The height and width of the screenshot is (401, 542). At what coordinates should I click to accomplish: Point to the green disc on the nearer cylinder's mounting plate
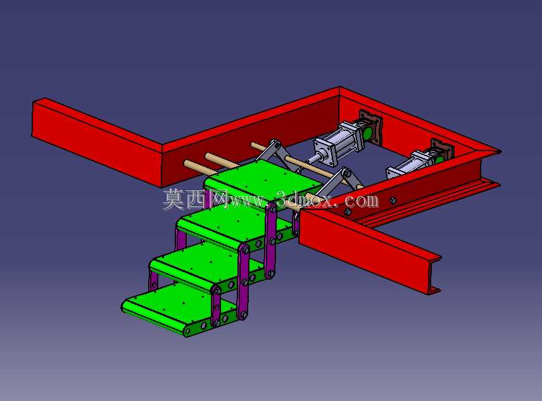(x=369, y=133)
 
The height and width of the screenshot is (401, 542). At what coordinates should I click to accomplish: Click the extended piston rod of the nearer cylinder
(x=312, y=159)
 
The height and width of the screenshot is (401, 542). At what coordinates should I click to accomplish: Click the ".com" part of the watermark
(x=360, y=200)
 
